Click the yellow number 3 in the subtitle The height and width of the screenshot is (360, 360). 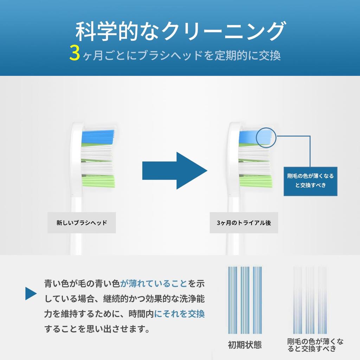click(75, 53)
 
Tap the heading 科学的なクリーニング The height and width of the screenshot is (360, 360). click(181, 31)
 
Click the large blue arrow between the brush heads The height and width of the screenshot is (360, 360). click(175, 171)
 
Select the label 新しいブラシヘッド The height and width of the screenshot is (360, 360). click(82, 223)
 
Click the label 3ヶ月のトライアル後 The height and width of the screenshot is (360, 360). click(244, 223)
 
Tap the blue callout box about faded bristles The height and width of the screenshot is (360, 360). click(310, 181)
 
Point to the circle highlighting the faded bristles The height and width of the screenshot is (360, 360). click(266, 138)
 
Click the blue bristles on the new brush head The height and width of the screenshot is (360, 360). click(98, 137)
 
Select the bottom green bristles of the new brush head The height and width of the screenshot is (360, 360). click(98, 181)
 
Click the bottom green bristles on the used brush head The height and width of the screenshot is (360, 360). click(256, 181)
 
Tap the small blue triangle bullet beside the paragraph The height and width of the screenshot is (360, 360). click(31, 294)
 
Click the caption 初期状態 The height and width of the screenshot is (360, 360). click(245, 345)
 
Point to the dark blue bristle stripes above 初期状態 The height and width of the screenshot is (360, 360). click(245, 300)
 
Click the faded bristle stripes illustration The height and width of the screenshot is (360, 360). click(310, 300)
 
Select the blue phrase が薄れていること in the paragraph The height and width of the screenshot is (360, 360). click(154, 284)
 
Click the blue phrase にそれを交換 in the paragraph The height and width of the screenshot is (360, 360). click(179, 314)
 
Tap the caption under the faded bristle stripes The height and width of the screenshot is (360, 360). click(315, 345)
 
